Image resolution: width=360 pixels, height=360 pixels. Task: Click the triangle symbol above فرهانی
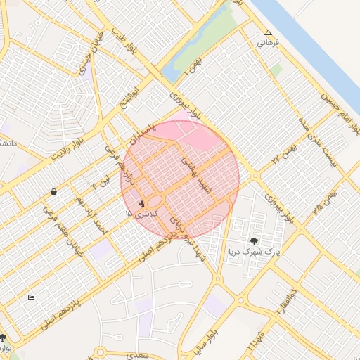click(268, 32)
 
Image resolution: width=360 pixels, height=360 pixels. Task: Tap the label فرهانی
click(268, 43)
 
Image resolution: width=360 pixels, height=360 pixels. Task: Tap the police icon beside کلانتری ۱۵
click(141, 203)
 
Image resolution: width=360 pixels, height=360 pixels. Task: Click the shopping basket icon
click(53, 191)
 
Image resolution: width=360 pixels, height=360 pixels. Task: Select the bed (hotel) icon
click(30, 298)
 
